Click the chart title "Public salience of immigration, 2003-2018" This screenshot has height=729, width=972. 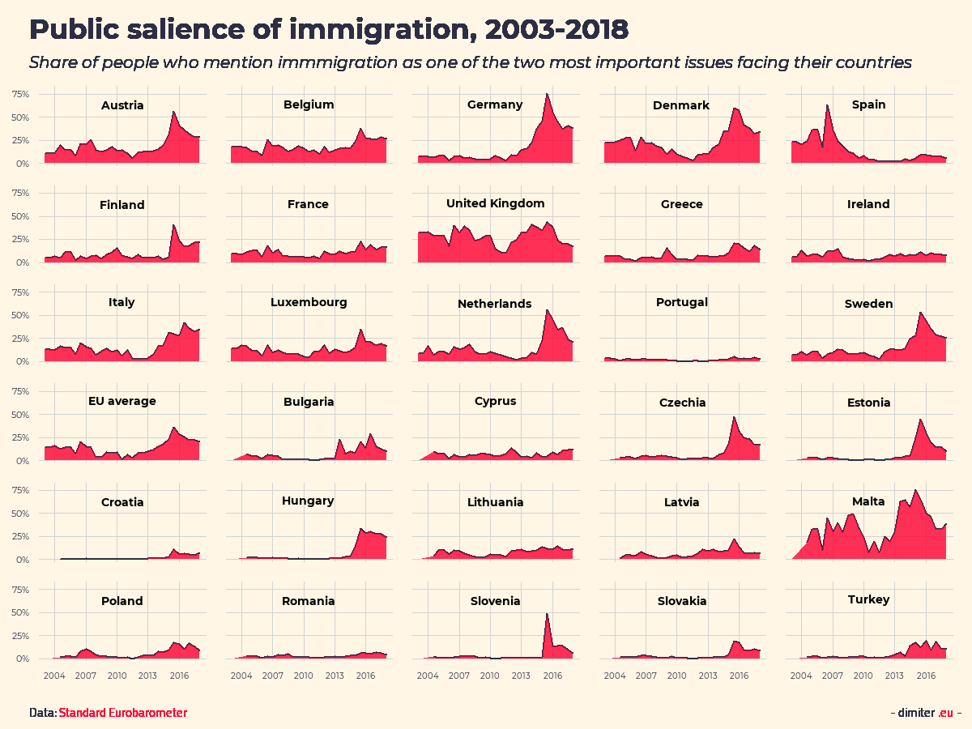click(x=328, y=30)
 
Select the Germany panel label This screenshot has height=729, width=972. click(x=495, y=104)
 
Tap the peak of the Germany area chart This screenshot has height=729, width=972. click(x=547, y=94)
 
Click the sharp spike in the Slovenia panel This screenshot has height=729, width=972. click(x=547, y=614)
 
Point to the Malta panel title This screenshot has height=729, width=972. click(x=868, y=501)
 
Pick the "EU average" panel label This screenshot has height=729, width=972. click(x=122, y=401)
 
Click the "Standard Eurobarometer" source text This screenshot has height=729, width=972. click(x=122, y=713)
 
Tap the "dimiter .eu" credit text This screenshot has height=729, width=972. click(x=926, y=713)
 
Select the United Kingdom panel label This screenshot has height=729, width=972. click(x=495, y=203)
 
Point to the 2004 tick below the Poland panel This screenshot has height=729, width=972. click(x=54, y=675)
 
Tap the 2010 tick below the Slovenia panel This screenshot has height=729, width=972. click(x=490, y=675)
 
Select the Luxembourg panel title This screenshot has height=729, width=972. click(x=309, y=302)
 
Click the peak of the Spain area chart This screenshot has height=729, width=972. click(x=827, y=105)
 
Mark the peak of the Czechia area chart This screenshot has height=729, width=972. click(x=734, y=417)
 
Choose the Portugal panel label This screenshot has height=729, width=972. click(x=682, y=302)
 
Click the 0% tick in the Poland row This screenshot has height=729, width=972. click(x=23, y=659)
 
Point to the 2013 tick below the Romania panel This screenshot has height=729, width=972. click(x=335, y=675)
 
